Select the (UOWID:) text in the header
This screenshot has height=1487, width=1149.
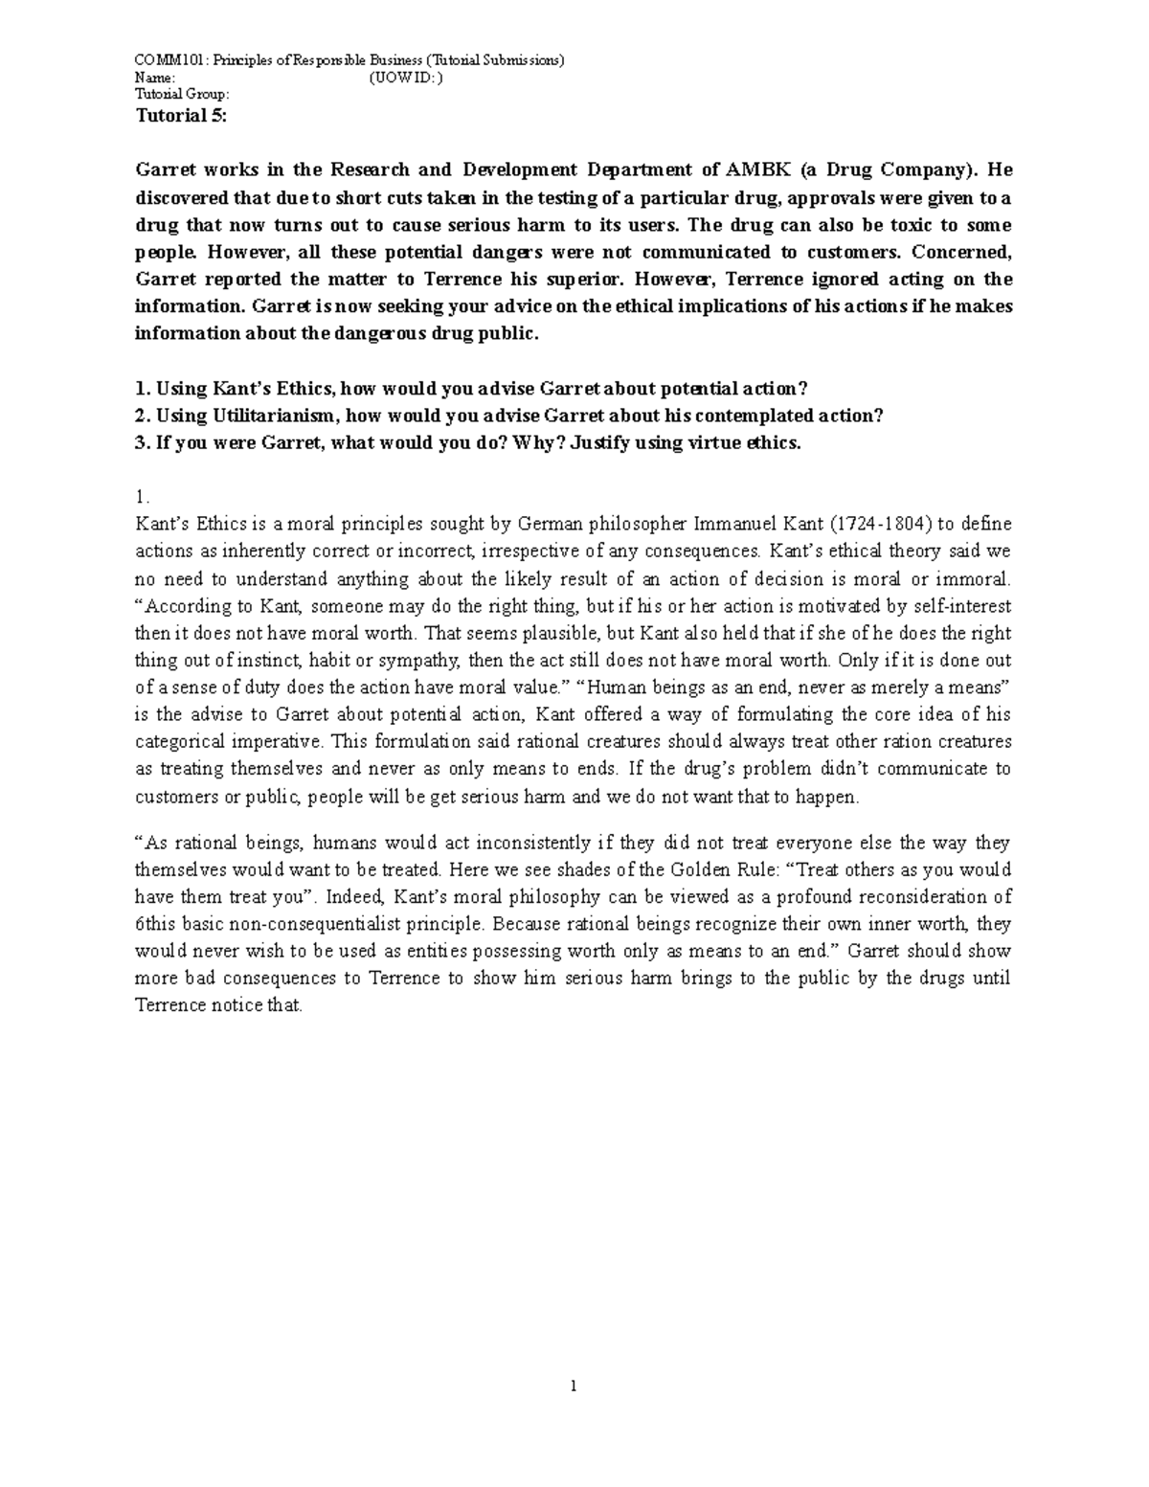point(405,78)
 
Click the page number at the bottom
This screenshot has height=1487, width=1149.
point(573,1385)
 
